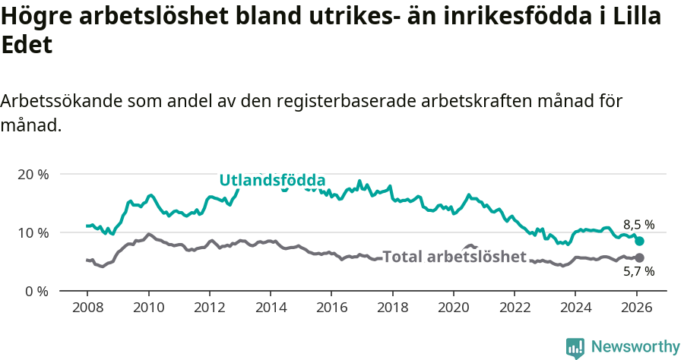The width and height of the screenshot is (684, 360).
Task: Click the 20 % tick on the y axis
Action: point(32,174)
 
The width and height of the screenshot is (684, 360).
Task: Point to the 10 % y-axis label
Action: point(32,232)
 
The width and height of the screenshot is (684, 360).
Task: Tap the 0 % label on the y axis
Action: point(35,291)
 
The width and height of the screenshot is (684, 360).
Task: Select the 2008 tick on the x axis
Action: point(87,309)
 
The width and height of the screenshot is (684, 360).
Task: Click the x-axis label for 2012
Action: point(209,309)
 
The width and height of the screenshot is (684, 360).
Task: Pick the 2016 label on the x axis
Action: point(331,309)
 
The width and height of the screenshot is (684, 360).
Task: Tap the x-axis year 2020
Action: point(453,309)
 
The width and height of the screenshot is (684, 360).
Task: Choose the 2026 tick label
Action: point(636,309)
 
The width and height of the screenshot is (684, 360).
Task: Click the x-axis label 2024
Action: point(575,309)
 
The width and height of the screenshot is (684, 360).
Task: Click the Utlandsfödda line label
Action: point(272,180)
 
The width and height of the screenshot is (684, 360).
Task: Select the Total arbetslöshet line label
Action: point(454,257)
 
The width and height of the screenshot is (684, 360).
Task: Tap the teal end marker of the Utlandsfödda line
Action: point(639,241)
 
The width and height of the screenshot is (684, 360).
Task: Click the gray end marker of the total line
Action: point(639,257)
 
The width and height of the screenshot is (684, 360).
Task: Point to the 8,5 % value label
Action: point(638,225)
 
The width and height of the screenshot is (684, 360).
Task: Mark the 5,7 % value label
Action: point(638,272)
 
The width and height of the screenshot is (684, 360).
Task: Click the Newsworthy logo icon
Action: point(575,347)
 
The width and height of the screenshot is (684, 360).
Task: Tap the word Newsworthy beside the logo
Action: point(635,347)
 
